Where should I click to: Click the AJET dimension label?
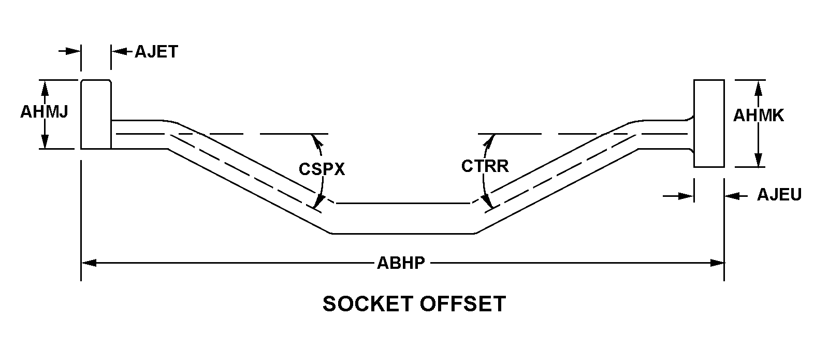click(156, 52)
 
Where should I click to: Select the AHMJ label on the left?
click(44, 112)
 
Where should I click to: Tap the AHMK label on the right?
click(758, 116)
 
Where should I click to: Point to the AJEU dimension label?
click(779, 195)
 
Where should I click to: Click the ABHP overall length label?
click(401, 263)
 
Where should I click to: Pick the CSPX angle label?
click(322, 169)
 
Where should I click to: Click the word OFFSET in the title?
click(462, 304)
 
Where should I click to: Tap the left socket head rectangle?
click(96, 114)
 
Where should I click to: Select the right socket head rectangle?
click(708, 123)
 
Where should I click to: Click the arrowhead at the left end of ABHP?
click(89, 263)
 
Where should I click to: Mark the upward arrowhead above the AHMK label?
click(758, 87)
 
